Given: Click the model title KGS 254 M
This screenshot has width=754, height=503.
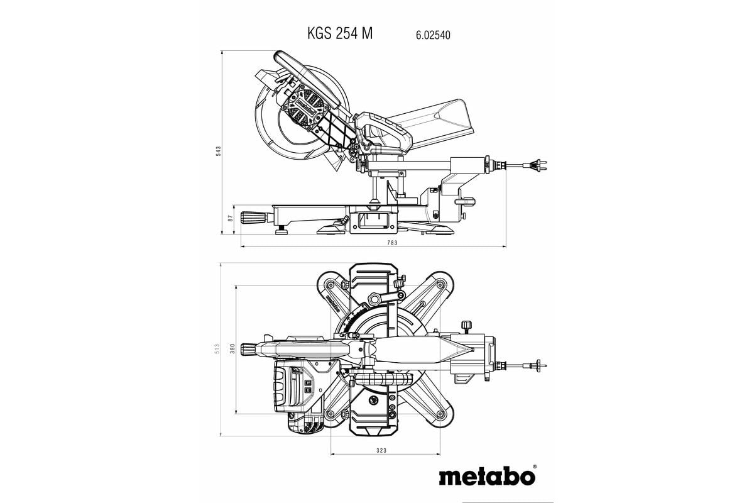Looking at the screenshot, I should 340,34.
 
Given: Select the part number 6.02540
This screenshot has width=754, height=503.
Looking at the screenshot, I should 433,36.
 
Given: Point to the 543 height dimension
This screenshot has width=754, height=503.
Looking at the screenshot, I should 218,151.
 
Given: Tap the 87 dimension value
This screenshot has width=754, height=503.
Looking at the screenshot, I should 231,218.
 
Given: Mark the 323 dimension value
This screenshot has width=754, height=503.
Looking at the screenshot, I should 381,450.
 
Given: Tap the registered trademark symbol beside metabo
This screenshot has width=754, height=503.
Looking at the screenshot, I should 534,467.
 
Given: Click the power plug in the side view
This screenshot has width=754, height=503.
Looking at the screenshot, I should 538,166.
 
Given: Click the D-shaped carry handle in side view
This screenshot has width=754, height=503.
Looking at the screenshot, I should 380,132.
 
